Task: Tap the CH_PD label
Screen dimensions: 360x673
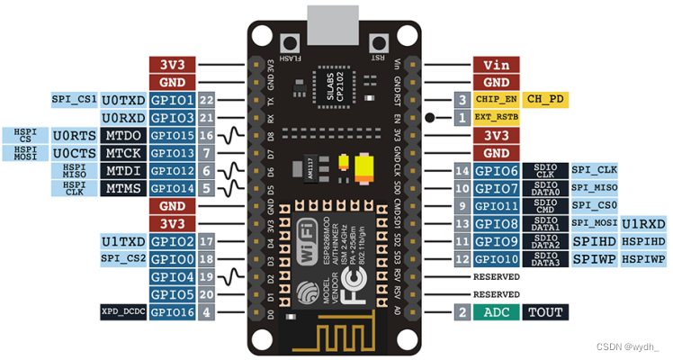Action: (546, 99)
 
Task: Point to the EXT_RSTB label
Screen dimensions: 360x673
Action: (496, 117)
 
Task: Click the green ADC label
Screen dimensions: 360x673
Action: (496, 312)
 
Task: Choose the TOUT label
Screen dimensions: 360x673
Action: (546, 312)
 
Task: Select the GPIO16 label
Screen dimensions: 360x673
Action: (172, 312)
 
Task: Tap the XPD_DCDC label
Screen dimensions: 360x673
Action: (123, 312)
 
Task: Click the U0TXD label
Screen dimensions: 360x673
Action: (123, 99)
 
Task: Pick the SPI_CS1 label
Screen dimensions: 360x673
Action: (75, 99)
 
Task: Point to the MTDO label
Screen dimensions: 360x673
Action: (123, 135)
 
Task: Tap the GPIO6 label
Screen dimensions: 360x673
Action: (496, 170)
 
